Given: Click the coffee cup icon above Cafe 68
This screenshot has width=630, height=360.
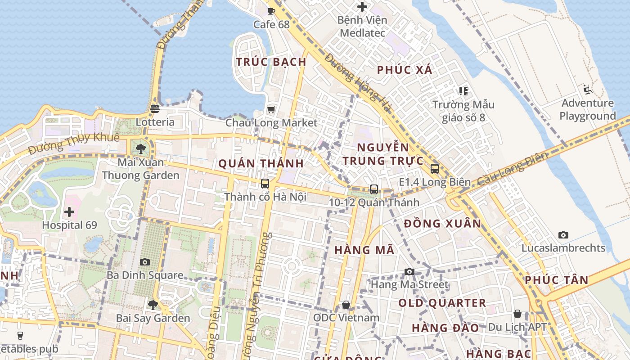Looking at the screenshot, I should [x=271, y=11].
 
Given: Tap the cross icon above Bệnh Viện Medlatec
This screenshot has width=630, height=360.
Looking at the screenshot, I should [x=362, y=7].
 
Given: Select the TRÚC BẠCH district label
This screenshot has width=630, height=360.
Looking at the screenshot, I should [x=271, y=62].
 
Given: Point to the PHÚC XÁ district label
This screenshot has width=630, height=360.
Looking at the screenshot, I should [x=405, y=70].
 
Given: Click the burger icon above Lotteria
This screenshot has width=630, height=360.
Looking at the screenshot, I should [x=155, y=108].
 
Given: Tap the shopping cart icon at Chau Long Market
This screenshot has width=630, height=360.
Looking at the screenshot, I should [x=271, y=109].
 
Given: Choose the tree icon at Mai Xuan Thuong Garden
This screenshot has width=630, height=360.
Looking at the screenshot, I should [x=141, y=148].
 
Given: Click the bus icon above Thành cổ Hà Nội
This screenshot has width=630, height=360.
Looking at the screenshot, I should [x=265, y=184].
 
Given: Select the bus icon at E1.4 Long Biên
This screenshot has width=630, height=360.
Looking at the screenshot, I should [x=434, y=169].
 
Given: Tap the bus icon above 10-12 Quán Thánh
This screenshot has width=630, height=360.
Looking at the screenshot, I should [x=374, y=189].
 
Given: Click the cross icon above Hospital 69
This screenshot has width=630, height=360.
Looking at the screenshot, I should [x=69, y=211].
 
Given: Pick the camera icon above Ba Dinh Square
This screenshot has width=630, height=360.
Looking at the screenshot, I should [x=145, y=262].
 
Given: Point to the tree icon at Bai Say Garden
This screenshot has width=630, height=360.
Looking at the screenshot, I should [x=153, y=305].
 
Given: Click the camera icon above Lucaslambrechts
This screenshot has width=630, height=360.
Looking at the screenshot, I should [x=563, y=235].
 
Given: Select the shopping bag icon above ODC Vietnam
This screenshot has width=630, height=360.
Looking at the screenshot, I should [x=346, y=305].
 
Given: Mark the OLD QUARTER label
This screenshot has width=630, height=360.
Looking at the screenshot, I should [x=442, y=303].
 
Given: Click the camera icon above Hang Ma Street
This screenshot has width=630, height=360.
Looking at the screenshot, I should [x=409, y=271].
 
